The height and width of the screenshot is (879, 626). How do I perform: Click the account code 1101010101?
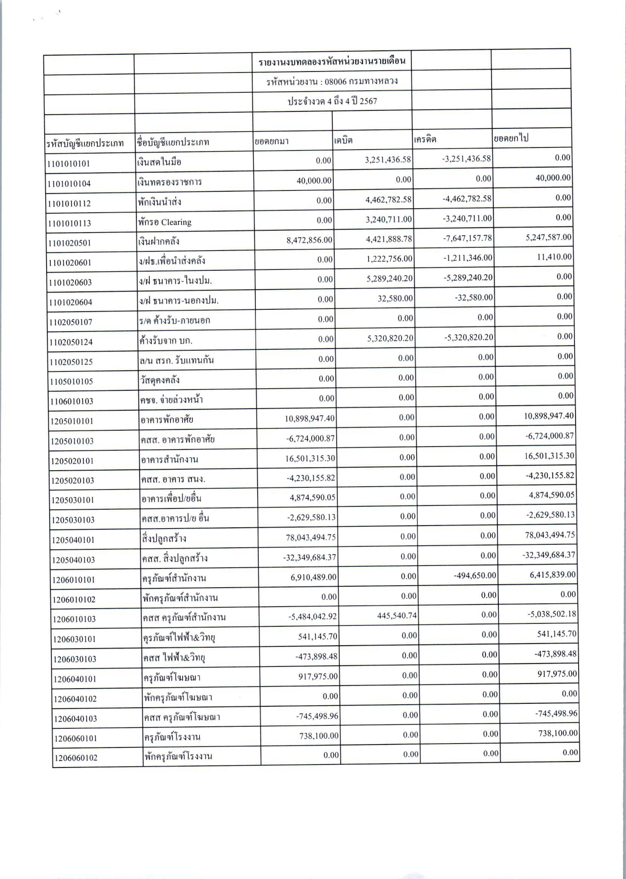pos(69,163)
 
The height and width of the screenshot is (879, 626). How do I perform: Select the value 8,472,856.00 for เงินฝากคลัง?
pos(309,240)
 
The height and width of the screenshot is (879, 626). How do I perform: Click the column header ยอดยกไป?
pos(511,138)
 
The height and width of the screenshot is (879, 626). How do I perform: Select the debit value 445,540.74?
pos(397,615)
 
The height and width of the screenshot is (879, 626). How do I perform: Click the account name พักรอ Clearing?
pos(164,222)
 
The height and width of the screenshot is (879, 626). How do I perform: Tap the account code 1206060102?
pos(76,758)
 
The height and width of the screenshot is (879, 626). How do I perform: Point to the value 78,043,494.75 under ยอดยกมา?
pos(311,538)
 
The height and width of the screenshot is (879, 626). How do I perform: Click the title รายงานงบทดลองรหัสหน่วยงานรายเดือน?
pos(332,62)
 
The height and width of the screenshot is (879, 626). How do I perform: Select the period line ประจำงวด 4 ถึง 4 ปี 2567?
pos(332,101)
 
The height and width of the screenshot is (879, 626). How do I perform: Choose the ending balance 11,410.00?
pos(554,257)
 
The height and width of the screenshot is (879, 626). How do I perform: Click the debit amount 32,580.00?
pos(395,298)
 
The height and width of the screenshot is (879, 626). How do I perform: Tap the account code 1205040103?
pos(73,560)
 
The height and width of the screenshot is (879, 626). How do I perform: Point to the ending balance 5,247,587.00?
pos(548,237)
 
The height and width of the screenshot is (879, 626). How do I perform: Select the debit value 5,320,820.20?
pos(390,338)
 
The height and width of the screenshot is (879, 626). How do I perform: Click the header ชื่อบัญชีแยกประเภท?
pos(172,142)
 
